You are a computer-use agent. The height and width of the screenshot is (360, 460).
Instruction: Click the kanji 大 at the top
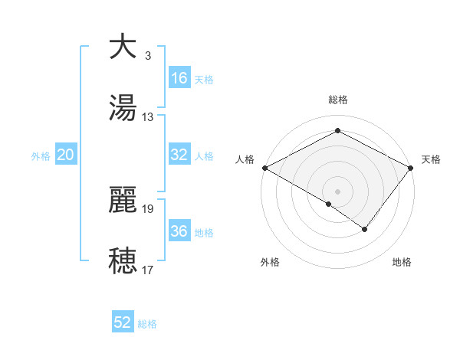[x=123, y=47]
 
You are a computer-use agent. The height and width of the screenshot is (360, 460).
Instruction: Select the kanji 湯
[x=123, y=108]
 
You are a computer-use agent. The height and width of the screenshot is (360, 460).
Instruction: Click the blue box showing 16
[x=179, y=78]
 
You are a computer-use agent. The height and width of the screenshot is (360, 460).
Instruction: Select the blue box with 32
[x=179, y=155]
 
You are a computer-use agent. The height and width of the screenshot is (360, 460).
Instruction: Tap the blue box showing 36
[x=179, y=231]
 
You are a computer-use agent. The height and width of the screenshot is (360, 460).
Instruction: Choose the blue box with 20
[x=66, y=155]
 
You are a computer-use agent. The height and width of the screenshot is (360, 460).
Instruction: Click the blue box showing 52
[x=123, y=322]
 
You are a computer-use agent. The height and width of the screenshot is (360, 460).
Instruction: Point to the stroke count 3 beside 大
[x=148, y=56]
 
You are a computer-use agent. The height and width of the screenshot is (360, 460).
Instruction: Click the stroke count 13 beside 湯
[x=148, y=117]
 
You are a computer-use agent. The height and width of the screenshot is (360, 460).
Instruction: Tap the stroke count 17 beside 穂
[x=148, y=270]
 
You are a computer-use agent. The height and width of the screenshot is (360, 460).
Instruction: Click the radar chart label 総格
[x=337, y=100]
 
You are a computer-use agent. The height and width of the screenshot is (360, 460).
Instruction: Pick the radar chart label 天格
[x=431, y=159]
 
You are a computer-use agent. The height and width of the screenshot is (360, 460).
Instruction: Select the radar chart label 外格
[x=270, y=262]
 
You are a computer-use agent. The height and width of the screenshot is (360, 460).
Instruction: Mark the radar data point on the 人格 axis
[x=264, y=167]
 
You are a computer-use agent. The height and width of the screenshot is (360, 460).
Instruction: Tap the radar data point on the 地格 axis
[x=365, y=229]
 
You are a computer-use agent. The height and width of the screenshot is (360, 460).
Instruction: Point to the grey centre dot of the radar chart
[x=337, y=191]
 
